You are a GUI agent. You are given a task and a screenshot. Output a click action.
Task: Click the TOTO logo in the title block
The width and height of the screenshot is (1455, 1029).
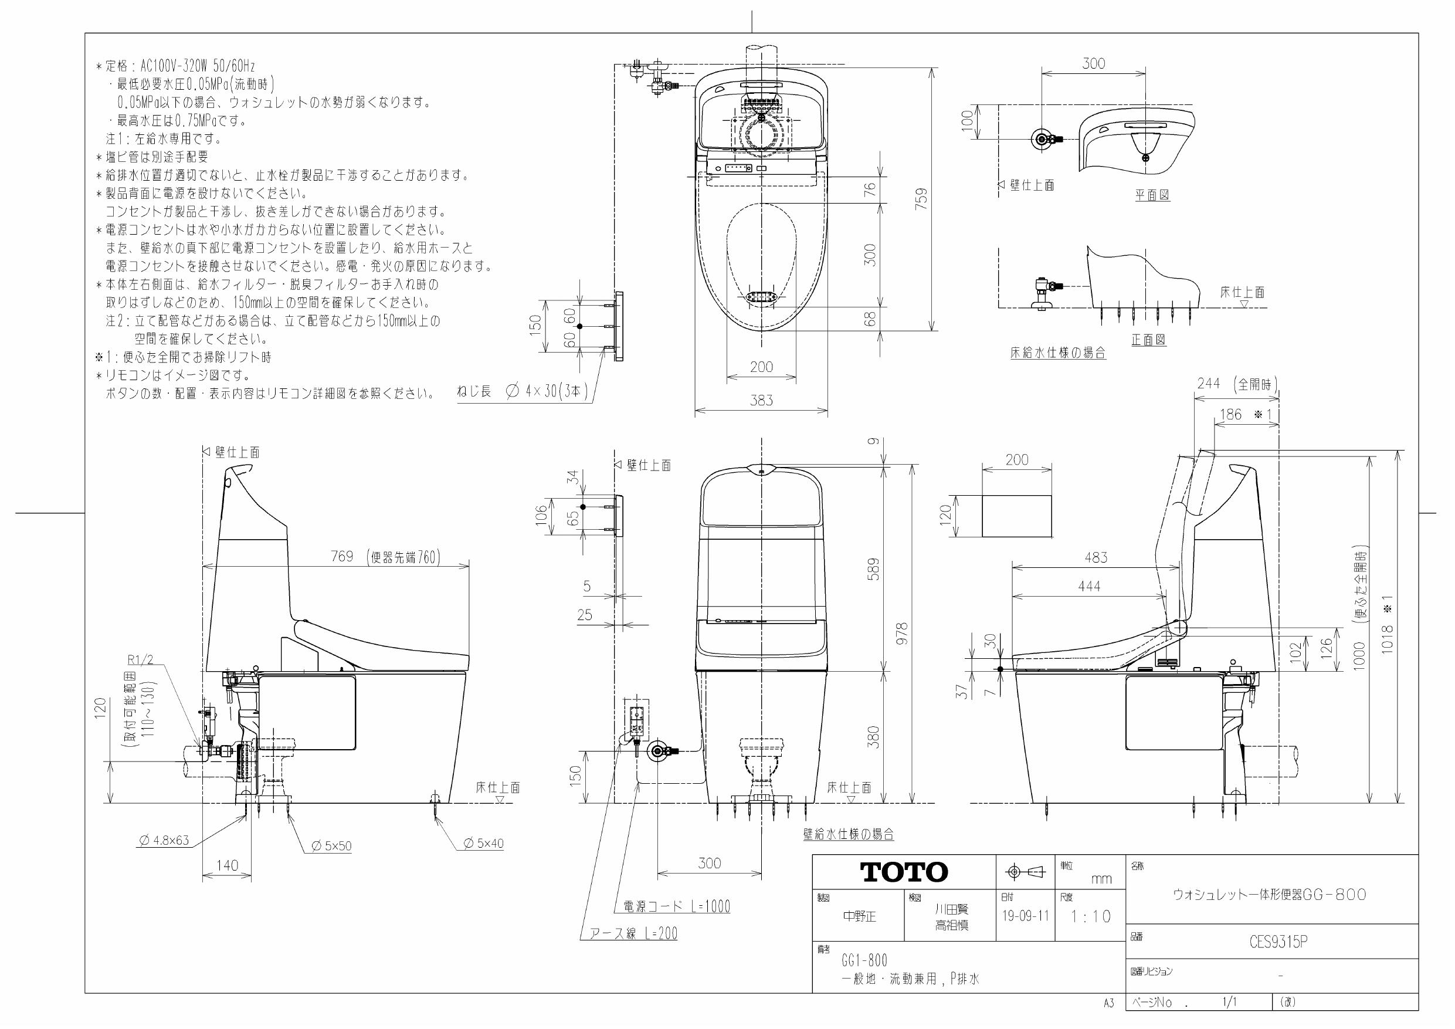point(904,872)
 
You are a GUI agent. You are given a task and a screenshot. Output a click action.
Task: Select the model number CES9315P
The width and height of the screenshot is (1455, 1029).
point(1278,942)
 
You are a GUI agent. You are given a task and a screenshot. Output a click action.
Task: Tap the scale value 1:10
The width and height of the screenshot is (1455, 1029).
point(1091,916)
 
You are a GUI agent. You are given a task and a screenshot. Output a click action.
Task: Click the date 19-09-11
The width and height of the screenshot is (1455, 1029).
point(1025,916)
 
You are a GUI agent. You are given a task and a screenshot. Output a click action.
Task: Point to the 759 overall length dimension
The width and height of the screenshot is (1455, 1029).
point(922,199)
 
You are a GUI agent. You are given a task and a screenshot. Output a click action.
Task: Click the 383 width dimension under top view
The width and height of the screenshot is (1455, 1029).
point(761,400)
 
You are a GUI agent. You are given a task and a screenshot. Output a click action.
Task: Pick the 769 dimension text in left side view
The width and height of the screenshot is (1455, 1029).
point(342,556)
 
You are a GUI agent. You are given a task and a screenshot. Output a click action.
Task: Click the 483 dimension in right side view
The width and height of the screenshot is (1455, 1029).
point(1096,557)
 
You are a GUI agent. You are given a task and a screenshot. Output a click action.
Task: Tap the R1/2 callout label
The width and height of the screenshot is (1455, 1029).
point(141,660)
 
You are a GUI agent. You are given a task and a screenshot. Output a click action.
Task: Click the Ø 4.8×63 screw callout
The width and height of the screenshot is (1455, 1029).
point(164,841)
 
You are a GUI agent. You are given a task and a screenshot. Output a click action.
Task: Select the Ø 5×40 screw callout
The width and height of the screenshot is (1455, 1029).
point(483,843)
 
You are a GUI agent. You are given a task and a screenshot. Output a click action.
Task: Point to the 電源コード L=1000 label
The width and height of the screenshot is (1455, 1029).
point(676,906)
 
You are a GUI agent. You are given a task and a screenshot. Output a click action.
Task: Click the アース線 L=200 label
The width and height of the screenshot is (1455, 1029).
point(633,933)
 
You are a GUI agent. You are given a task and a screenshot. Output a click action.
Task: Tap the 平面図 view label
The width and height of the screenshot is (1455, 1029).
point(1151,195)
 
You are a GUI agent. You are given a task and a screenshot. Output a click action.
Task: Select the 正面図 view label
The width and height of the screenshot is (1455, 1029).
point(1148,340)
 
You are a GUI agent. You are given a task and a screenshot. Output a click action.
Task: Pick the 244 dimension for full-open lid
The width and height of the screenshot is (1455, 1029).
point(1209,383)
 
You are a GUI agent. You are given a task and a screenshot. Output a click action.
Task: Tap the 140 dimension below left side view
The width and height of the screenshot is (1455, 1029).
point(227,865)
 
